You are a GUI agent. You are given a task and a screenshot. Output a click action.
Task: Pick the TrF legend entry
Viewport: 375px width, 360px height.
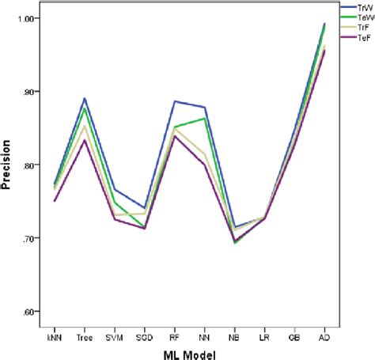point(364,26)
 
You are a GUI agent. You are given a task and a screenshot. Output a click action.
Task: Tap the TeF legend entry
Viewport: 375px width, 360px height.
point(364,36)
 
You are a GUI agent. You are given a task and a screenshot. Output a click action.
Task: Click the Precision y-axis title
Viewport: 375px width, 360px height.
point(9,165)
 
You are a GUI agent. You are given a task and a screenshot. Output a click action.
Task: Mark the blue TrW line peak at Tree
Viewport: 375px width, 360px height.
point(84,98)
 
